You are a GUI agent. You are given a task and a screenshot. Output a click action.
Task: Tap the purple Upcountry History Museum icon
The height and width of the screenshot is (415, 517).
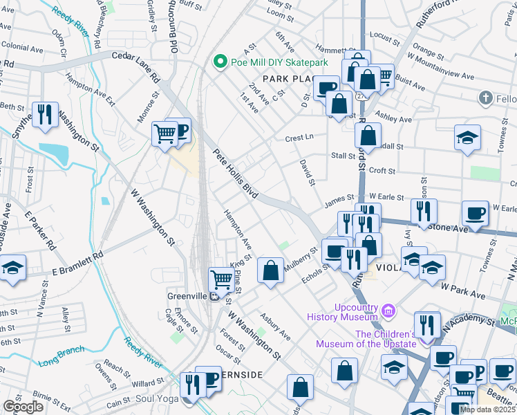coord(388,311)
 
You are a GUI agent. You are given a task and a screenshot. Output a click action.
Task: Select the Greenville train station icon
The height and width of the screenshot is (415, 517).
coord(215,297)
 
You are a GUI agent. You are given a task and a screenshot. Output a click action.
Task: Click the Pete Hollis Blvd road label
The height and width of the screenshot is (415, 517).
coord(235,174)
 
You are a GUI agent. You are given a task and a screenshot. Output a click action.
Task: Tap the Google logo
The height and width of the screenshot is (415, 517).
coord(23,407)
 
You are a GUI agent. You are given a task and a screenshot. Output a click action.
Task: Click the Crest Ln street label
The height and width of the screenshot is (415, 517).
coord(299,138)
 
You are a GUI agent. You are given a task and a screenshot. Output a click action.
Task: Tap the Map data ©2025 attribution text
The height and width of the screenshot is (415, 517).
coord(487,409)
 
